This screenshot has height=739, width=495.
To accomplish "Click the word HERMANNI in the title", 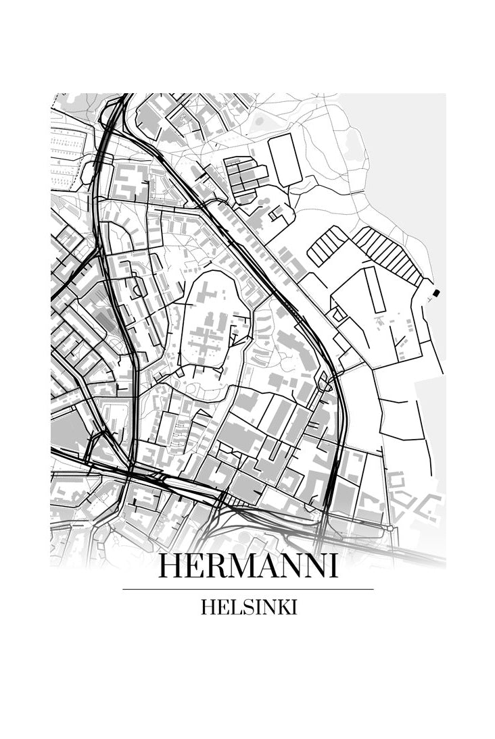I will coord(247,566).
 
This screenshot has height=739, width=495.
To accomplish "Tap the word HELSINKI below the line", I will coord(248,607).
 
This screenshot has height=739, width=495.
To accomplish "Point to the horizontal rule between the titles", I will coord(247,589).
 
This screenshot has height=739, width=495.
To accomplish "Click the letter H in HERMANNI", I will coord(169,566).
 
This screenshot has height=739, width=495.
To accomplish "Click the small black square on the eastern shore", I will coord(436,292).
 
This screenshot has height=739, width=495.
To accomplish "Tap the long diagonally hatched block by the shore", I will coord(388,255).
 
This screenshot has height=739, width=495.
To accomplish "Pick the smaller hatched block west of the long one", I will coord(328,245).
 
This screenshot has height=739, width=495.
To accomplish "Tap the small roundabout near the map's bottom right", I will coord(391,528).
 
